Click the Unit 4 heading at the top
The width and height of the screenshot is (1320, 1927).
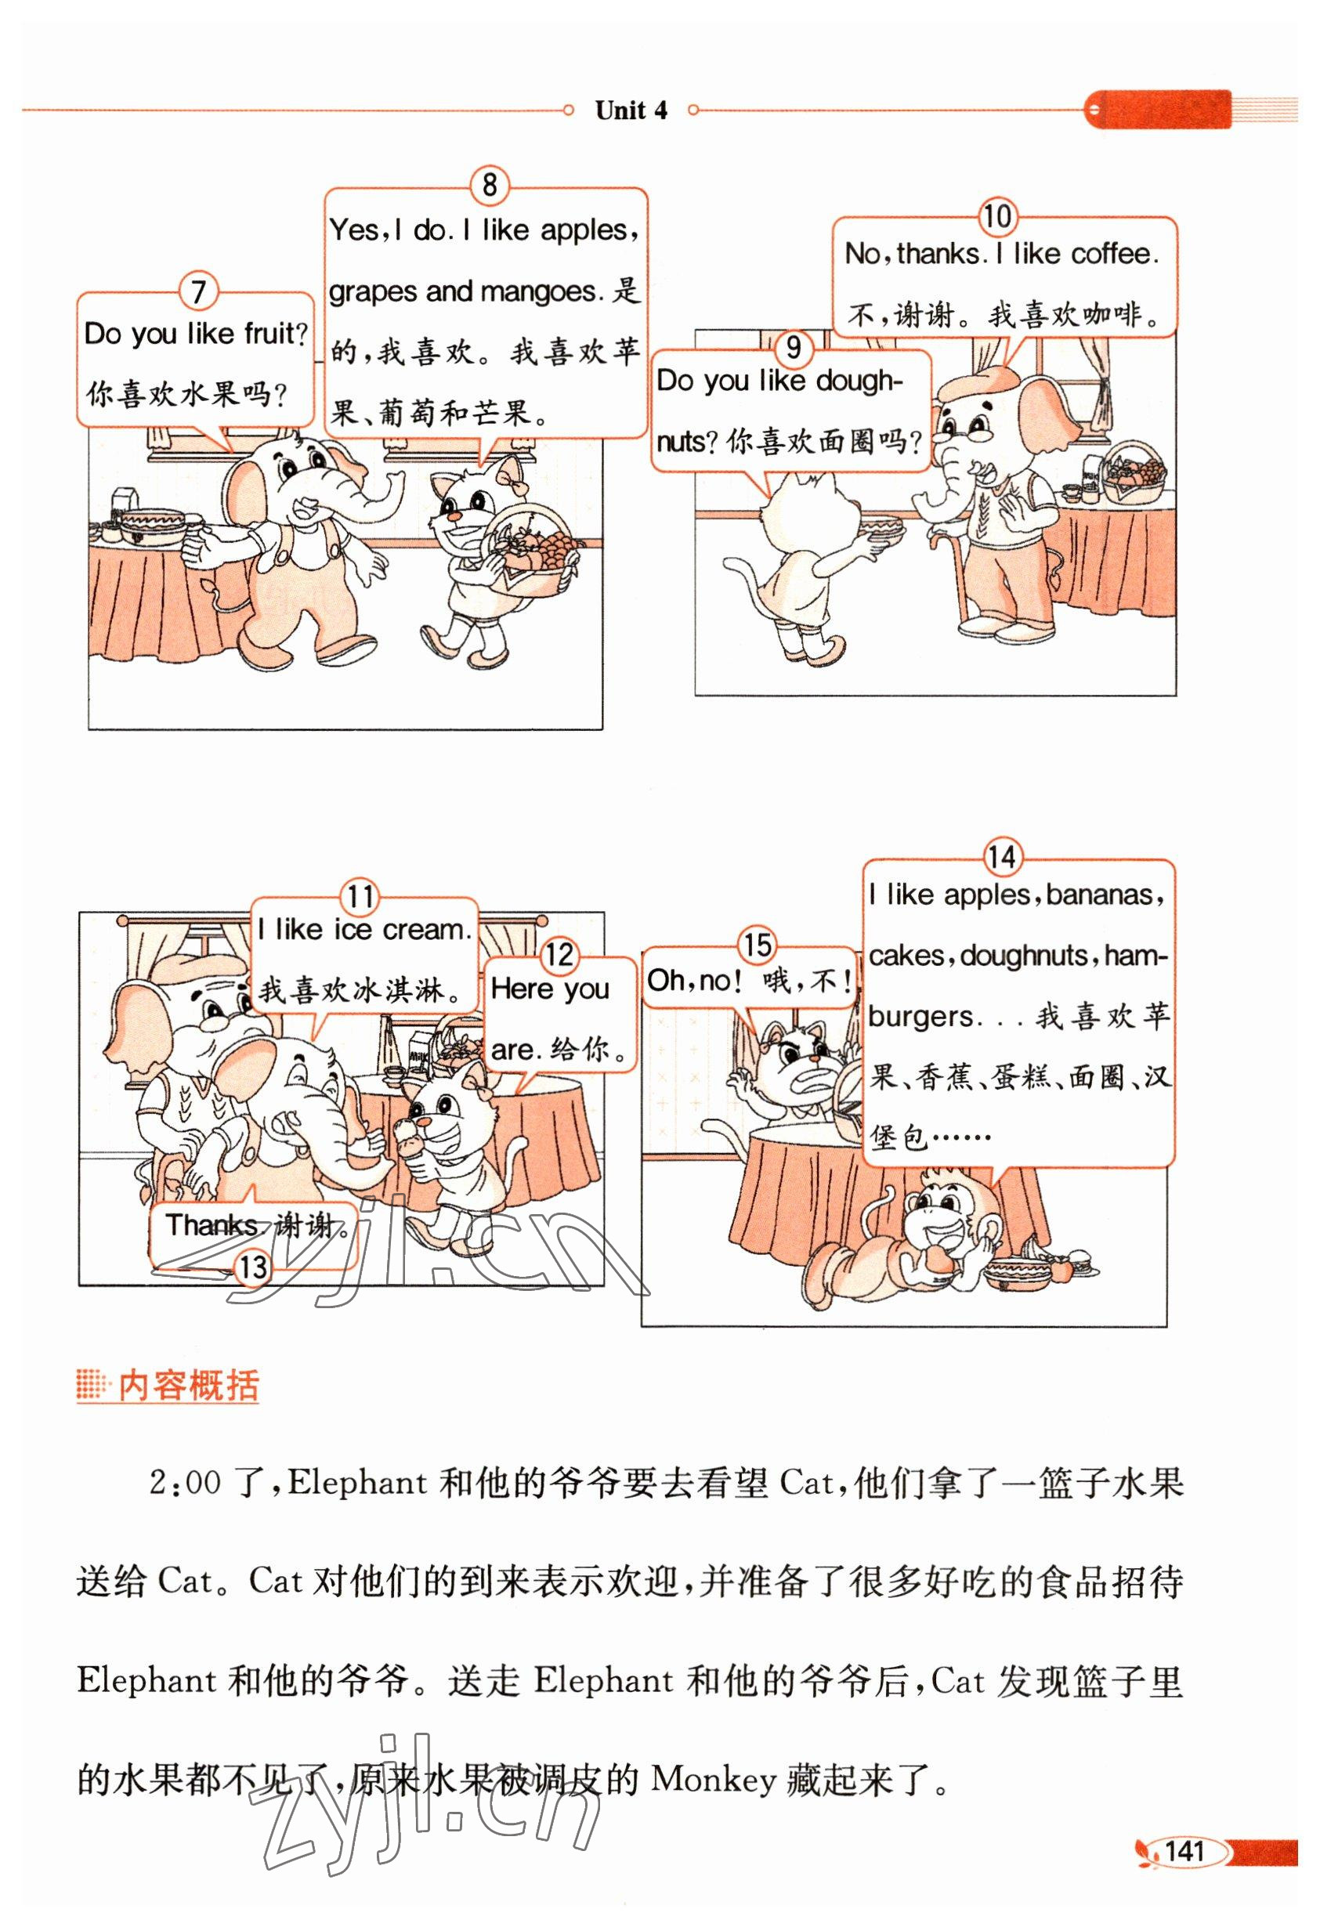coord(630,110)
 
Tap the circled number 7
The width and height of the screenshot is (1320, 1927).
coord(198,292)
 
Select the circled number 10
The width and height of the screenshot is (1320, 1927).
coord(996,217)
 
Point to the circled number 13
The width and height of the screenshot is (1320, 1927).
coord(253,1267)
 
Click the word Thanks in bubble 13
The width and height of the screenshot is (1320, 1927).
coord(212,1224)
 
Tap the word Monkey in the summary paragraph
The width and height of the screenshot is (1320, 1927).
coord(713,1780)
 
